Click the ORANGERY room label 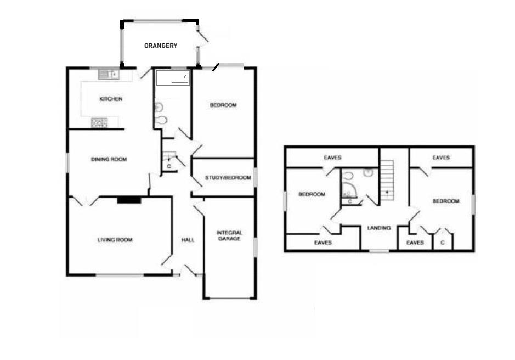click(x=160, y=46)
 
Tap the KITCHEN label click(x=110, y=99)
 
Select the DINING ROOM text click(x=109, y=160)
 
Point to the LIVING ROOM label click(x=115, y=240)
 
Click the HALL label click(x=188, y=240)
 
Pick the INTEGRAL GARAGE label click(x=229, y=235)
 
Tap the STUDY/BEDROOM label click(x=228, y=178)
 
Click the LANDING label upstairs click(x=378, y=228)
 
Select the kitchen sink click(x=109, y=74)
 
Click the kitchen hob click(x=99, y=123)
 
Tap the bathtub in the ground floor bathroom click(x=172, y=78)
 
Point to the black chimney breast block click(x=129, y=200)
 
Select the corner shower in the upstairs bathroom click(x=348, y=190)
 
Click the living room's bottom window click(x=120, y=274)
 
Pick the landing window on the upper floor click(x=378, y=251)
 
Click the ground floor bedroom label click(x=223, y=105)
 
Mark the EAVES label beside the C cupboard click(x=415, y=242)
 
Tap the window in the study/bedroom click(x=255, y=178)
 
